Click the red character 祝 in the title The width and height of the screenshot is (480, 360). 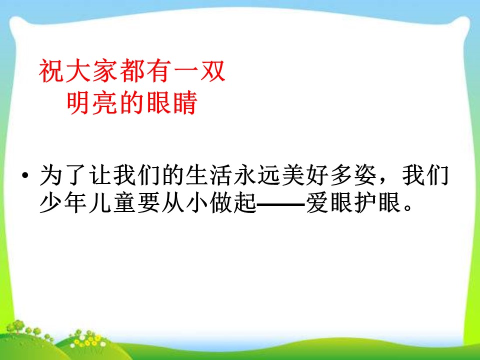pos(52,72)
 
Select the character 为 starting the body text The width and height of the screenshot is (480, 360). pos(51,177)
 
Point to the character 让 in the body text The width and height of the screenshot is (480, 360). pos(100,177)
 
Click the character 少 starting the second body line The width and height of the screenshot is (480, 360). pos(51,203)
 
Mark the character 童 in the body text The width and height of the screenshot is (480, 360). pos(124,203)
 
